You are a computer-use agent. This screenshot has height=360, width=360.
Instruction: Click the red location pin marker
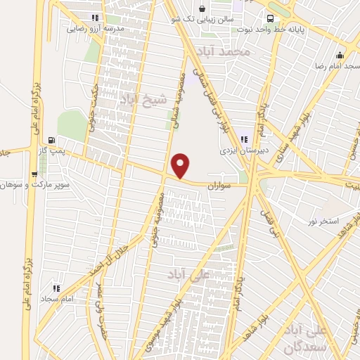click(181, 166)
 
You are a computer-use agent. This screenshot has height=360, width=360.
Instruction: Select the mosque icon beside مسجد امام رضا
click(340, 56)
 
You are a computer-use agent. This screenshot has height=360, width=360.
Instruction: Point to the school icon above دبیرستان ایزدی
click(244, 139)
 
